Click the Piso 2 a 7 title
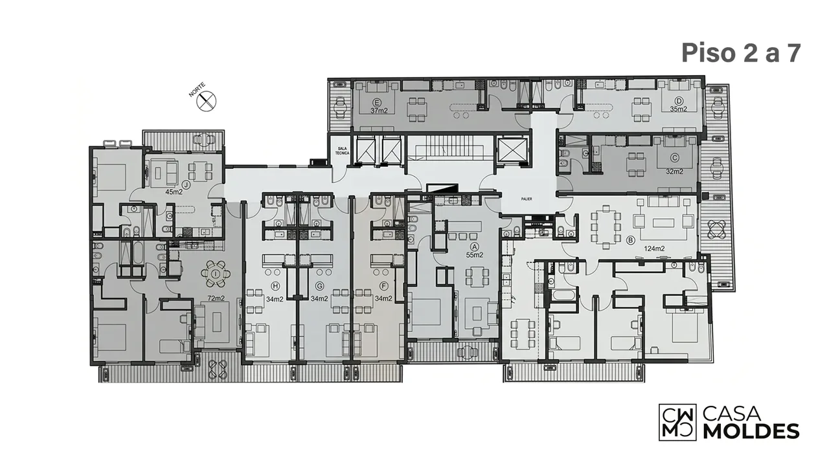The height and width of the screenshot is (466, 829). [741, 53]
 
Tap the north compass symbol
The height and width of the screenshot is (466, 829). [207, 100]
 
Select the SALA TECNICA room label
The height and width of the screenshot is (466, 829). [342, 151]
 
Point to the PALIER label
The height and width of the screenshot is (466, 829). [527, 199]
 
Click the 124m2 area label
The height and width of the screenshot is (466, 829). [654, 249]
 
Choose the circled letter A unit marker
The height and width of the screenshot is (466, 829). [474, 247]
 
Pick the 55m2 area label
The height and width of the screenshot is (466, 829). [475, 255]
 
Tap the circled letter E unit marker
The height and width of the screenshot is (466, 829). [377, 102]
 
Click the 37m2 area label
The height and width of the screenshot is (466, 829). [379, 111]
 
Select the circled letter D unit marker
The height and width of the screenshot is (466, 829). [678, 101]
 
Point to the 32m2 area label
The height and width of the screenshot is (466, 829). [674, 172]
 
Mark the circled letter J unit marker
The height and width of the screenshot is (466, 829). [186, 184]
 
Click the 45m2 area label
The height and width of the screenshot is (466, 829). [174, 192]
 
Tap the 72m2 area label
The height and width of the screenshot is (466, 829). [216, 298]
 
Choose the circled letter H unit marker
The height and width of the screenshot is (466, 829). [275, 286]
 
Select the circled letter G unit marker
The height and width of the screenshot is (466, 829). [319, 286]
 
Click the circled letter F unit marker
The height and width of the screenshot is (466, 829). [384, 286]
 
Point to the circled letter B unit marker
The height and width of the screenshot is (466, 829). [630, 241]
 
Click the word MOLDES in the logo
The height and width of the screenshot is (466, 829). [751, 432]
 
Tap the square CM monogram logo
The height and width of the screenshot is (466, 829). [677, 422]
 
